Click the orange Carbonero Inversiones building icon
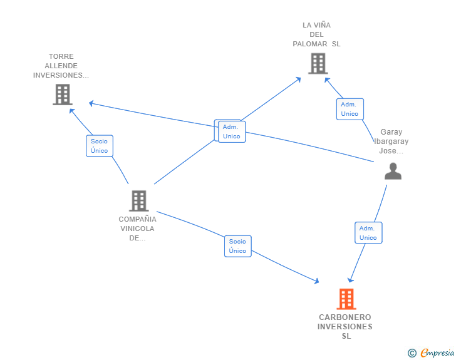coord(346,299)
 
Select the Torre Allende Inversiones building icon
coord(63,95)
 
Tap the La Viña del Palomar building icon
coord(318,63)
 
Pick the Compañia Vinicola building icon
coord(139,201)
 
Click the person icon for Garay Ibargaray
coord(393,171)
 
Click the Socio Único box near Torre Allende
coord(100,146)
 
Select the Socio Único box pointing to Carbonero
coord(238,246)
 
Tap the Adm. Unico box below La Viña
coord(350,109)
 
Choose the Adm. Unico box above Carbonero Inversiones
coord(368,233)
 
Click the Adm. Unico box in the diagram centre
coord(232,131)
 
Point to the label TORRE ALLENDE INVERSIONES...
coord(61,66)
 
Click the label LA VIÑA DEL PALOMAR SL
coord(317,34)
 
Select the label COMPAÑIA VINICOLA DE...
coord(138,229)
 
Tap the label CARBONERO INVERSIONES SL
coord(345,327)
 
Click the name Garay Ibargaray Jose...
coord(391,141)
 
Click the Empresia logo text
coord(437,353)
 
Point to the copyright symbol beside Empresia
coord(412,353)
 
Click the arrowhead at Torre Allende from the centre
coord(91,103)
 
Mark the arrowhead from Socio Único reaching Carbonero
coord(317,280)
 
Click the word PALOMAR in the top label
coord(310,44)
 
